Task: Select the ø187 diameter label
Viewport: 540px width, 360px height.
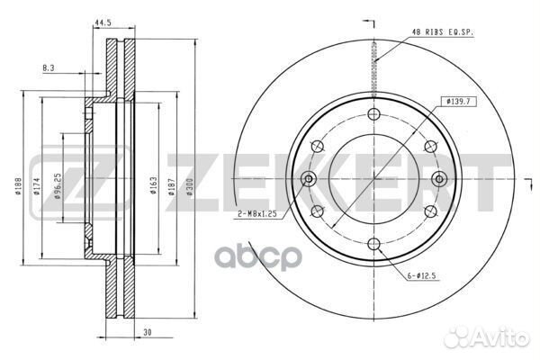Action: coord(168,187)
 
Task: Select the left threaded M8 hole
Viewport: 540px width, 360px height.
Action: coord(308,178)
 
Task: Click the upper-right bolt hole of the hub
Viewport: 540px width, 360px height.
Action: coord(428,146)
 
